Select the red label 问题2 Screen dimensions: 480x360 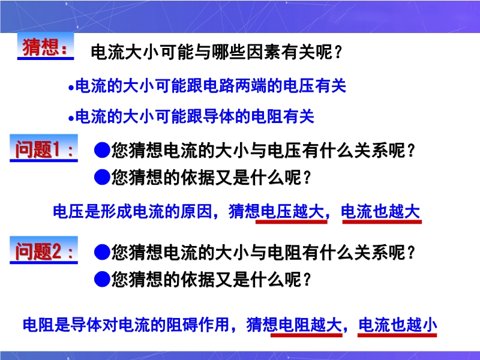(x=38, y=251)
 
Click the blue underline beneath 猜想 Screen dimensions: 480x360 (x=46, y=58)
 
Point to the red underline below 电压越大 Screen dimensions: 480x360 (x=292, y=221)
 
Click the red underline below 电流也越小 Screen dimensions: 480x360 (x=397, y=335)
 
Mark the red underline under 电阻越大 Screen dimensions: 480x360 (x=307, y=335)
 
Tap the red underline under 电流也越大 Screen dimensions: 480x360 (x=382, y=221)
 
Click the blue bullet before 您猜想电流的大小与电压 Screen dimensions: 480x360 (x=102, y=150)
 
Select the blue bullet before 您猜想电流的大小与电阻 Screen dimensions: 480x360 (x=102, y=252)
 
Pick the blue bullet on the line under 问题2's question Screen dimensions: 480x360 (x=102, y=279)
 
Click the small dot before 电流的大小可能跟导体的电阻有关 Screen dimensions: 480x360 (x=71, y=118)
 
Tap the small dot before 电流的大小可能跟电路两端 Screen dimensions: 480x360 (x=71, y=88)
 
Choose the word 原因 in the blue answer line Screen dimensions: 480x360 (x=197, y=211)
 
